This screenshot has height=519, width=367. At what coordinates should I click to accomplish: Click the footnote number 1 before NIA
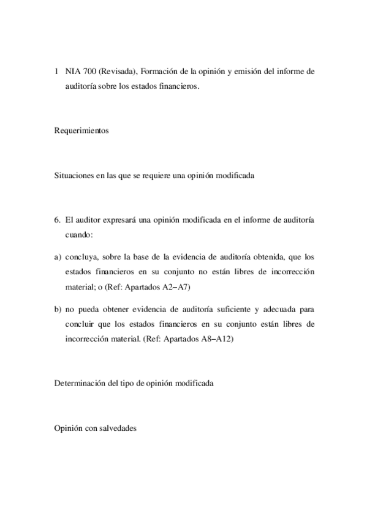point(57,72)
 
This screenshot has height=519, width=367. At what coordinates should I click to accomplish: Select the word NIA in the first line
point(72,72)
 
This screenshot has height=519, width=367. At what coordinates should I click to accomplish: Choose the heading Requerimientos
point(81,130)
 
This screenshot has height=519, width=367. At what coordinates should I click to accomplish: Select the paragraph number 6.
point(57,220)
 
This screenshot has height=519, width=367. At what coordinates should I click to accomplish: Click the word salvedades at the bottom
point(117,428)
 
